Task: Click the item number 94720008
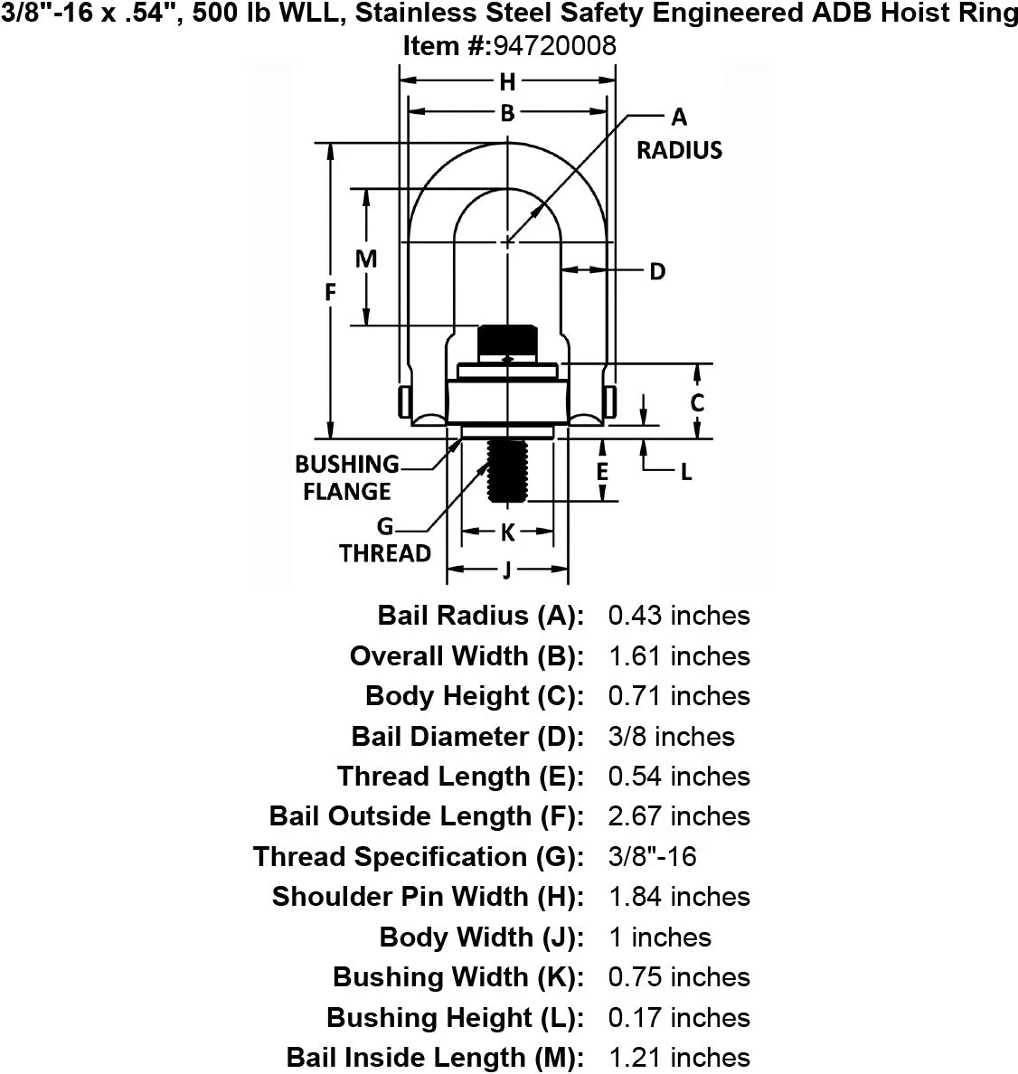click(x=554, y=46)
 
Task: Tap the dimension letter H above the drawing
click(x=507, y=82)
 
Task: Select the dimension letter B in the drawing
click(x=507, y=113)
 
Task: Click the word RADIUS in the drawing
click(x=680, y=150)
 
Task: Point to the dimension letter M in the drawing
click(x=366, y=259)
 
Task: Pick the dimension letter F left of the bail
click(x=330, y=293)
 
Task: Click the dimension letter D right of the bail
click(x=657, y=271)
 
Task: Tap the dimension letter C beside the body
click(x=697, y=402)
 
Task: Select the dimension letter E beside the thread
click(x=602, y=471)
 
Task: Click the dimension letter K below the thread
click(x=507, y=532)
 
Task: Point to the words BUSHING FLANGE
click(x=347, y=477)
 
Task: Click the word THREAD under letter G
click(x=385, y=552)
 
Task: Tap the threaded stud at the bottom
click(x=507, y=471)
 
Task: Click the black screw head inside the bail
click(x=507, y=341)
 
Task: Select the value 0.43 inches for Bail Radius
click(x=679, y=615)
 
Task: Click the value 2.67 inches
click(x=679, y=815)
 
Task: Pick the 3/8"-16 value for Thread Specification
click(x=652, y=856)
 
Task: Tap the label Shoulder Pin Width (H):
click(x=429, y=896)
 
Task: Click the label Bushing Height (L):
click(x=456, y=1017)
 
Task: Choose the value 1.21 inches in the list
click(x=679, y=1058)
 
